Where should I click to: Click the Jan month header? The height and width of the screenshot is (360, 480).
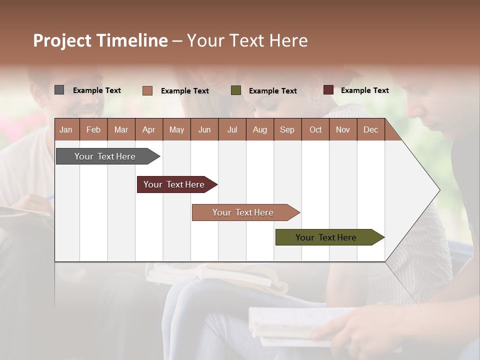(x=66, y=130)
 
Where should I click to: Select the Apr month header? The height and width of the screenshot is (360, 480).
(x=148, y=130)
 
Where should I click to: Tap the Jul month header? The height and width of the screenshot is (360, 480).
(x=232, y=130)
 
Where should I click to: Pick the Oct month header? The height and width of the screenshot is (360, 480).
(x=315, y=130)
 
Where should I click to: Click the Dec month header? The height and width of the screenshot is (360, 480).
(x=370, y=130)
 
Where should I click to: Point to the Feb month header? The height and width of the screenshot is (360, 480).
(x=93, y=130)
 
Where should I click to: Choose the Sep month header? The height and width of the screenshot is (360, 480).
(x=287, y=130)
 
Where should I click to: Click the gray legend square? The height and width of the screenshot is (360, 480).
(x=59, y=90)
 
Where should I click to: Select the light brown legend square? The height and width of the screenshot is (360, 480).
(x=147, y=90)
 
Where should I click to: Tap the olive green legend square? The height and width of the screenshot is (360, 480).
(x=236, y=90)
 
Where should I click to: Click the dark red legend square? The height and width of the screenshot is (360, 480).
(x=328, y=90)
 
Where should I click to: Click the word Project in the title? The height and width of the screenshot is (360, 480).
(x=61, y=41)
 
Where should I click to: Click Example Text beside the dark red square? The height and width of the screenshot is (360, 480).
(x=364, y=90)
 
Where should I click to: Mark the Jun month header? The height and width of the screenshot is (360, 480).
(x=204, y=130)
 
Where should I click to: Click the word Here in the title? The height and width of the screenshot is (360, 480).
(x=288, y=40)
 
